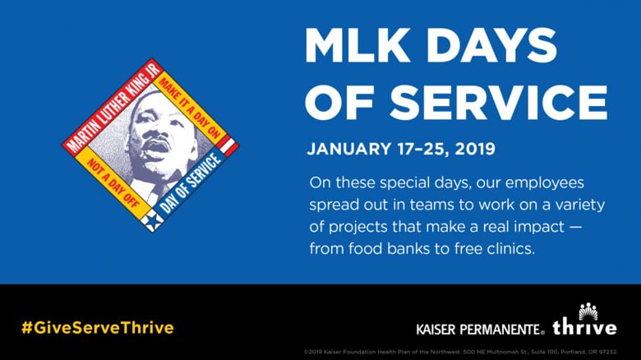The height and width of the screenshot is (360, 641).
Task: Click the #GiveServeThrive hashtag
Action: pyautogui.click(x=98, y=327)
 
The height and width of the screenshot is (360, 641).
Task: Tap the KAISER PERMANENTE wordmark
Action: pyautogui.click(x=480, y=330)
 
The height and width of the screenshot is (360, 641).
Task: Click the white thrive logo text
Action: pyautogui.click(x=584, y=328)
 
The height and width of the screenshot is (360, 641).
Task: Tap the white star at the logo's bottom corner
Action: pyautogui.click(x=150, y=220)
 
